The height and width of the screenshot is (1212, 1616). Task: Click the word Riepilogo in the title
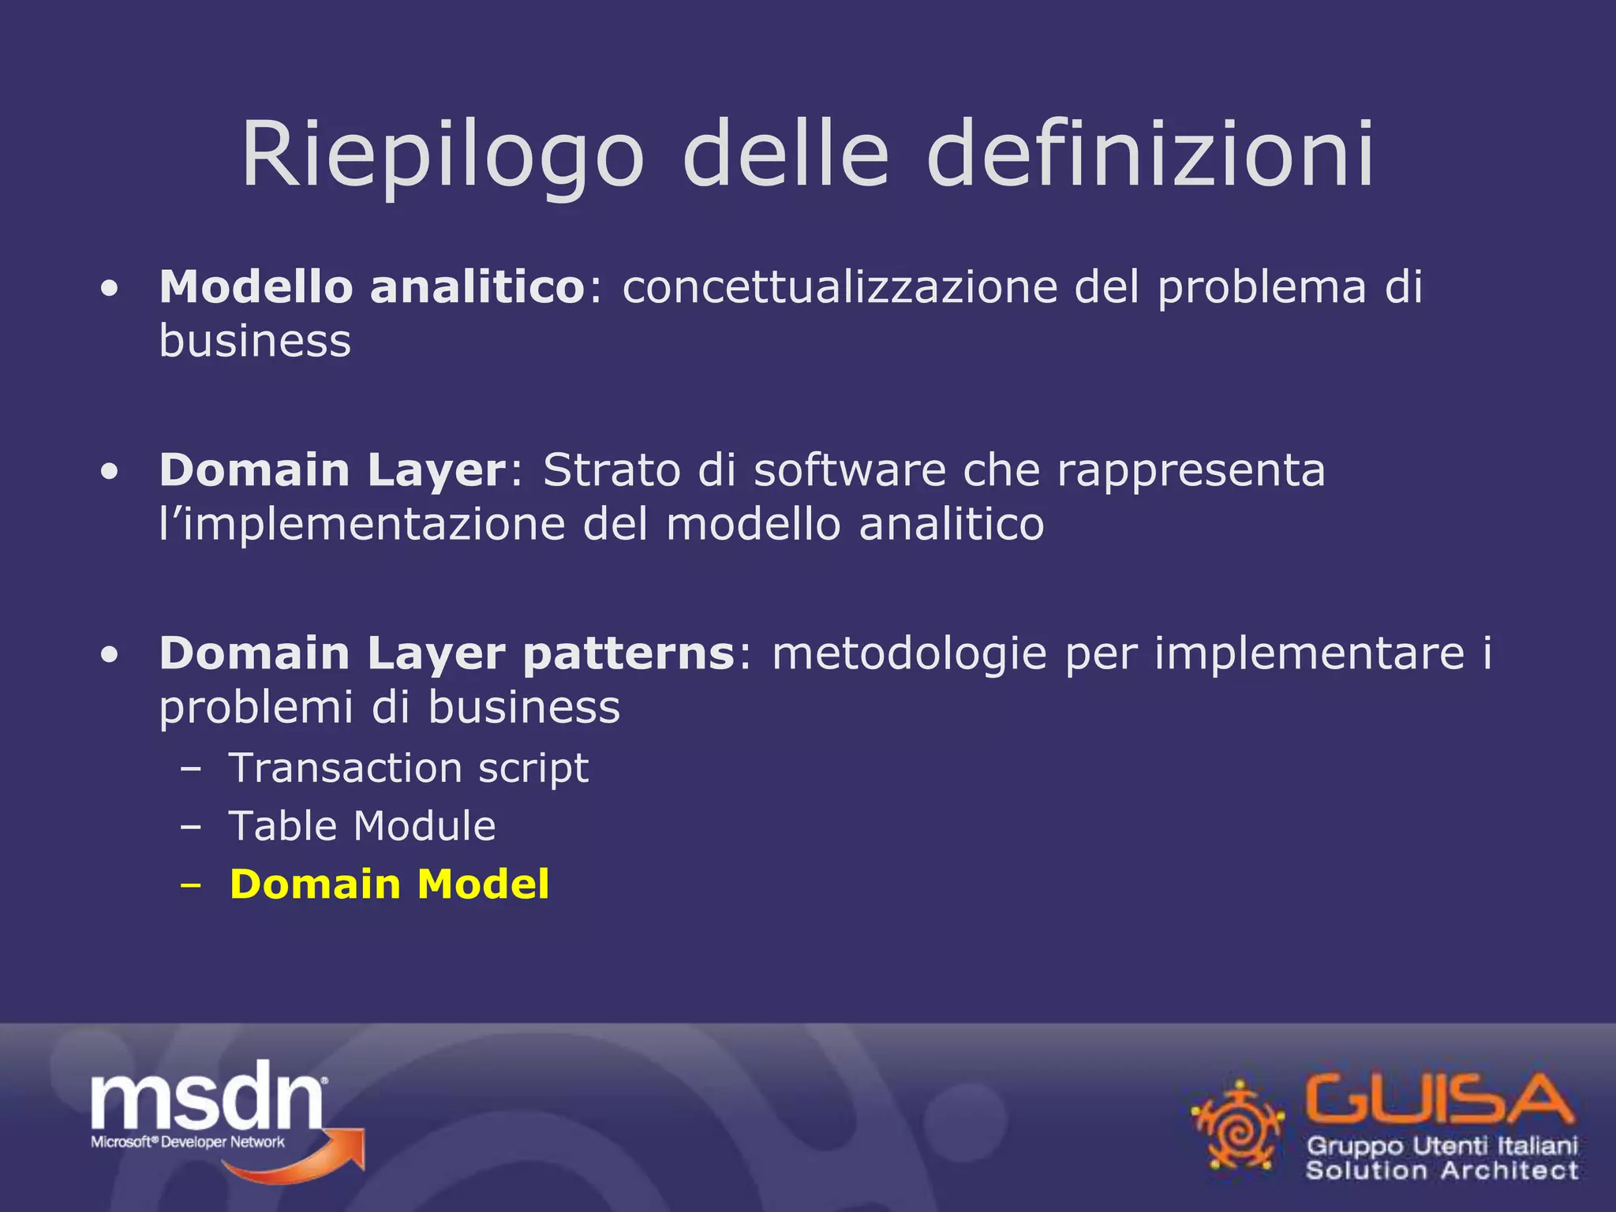tap(443, 155)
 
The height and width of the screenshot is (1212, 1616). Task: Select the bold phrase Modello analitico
tap(372, 286)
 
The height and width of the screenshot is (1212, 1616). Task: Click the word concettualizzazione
tap(840, 286)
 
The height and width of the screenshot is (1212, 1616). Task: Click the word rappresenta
tap(1191, 472)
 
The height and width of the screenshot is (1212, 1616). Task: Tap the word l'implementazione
tap(362, 524)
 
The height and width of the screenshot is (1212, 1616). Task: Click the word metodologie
tap(909, 654)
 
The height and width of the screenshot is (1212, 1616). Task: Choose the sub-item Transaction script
tap(408, 769)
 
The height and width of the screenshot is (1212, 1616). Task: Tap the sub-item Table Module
tap(362, 826)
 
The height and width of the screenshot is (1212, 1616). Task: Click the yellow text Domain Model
tap(389, 884)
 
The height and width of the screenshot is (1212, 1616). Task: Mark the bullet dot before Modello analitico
tap(110, 289)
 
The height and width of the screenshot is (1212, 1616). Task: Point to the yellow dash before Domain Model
tap(190, 885)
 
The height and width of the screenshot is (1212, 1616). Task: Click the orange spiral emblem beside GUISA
tap(1237, 1125)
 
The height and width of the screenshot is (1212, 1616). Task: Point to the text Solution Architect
tap(1442, 1169)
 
